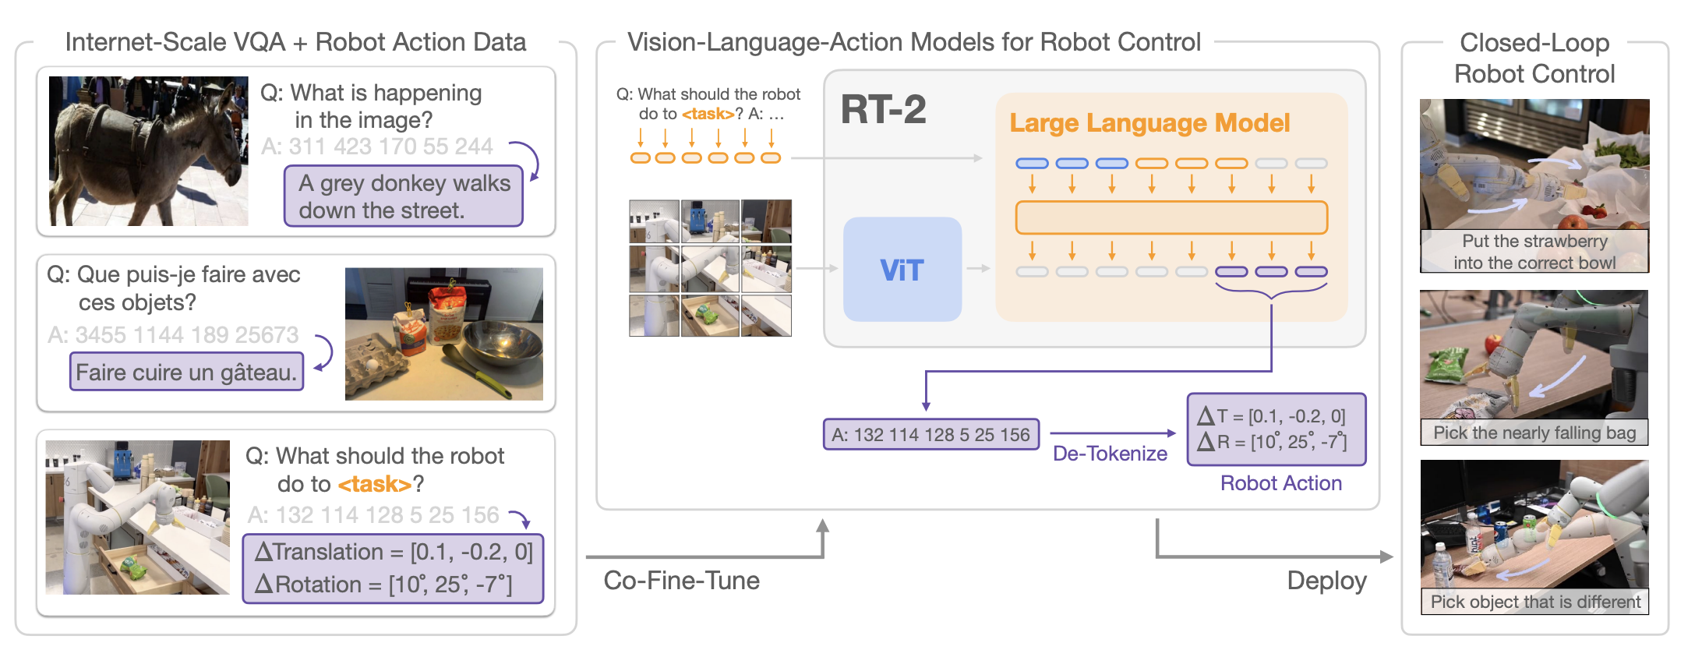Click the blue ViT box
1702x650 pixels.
[x=902, y=270]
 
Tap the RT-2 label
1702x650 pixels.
[x=883, y=110]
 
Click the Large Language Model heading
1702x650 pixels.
[x=1149, y=123]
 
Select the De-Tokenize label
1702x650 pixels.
[x=1110, y=454]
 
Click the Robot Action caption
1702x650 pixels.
[x=1280, y=483]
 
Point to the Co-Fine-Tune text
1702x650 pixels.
[x=681, y=581]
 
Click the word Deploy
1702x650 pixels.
[x=1326, y=581]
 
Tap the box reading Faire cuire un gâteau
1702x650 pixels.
[x=186, y=373]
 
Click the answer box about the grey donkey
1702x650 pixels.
[x=403, y=196]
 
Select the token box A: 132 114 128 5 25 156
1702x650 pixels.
[x=930, y=435]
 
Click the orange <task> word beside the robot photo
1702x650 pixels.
[x=374, y=485]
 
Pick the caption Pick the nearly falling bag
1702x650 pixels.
[x=1534, y=433]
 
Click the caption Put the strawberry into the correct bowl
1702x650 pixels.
[x=1534, y=252]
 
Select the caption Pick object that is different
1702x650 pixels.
[x=1534, y=602]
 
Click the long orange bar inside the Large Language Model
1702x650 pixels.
[x=1171, y=217]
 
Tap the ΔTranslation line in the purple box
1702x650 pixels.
[x=394, y=553]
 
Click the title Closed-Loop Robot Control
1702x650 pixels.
[x=1534, y=58]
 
